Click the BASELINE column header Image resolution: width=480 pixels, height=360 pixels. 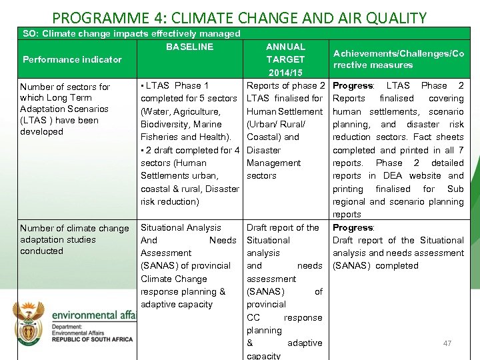point(190,47)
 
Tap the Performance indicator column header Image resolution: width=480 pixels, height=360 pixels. point(72,59)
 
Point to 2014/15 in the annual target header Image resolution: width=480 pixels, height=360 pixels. point(285,72)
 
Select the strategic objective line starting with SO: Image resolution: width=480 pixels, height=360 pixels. point(131,33)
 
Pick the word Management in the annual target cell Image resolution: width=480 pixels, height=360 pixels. point(273,163)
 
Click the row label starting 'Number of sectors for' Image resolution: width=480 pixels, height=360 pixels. point(65,87)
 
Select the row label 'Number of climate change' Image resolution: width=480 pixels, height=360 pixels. point(75,228)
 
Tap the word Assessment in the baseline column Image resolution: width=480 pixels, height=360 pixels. point(166,253)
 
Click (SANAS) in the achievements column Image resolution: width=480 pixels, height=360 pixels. point(351,265)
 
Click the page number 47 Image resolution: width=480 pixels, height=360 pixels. point(447,343)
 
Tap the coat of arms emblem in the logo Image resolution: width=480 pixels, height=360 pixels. point(31,319)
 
